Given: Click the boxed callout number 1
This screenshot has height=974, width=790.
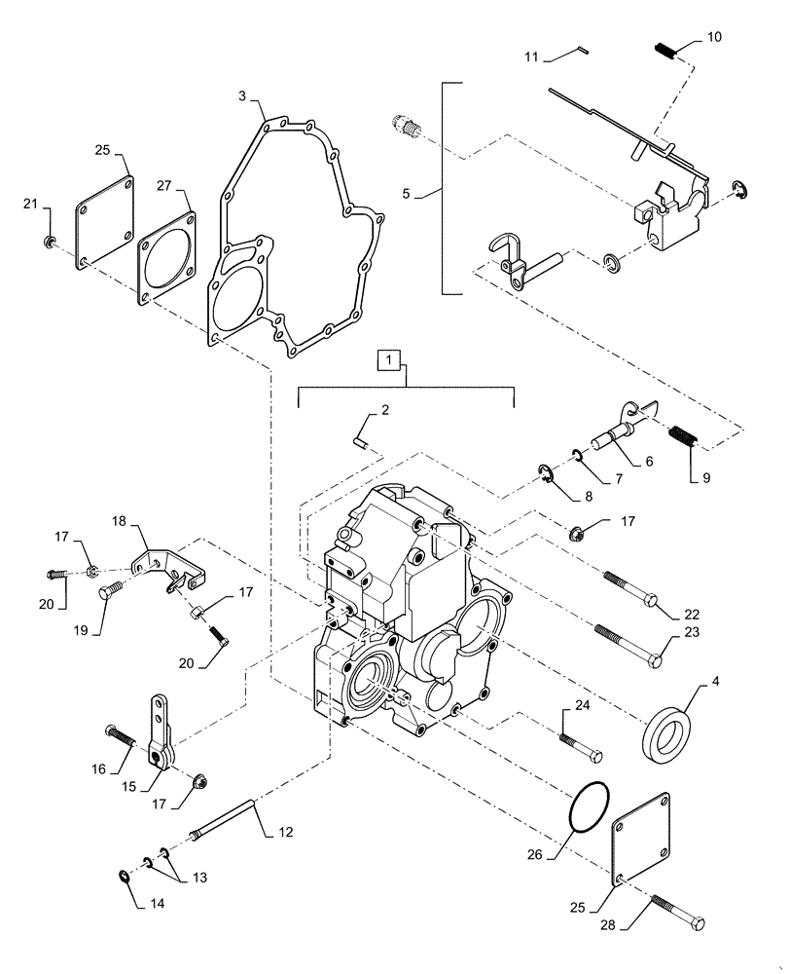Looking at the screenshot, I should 389,361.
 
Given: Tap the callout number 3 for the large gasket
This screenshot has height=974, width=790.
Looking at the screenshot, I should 242,96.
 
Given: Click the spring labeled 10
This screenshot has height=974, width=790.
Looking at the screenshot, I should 664,50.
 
